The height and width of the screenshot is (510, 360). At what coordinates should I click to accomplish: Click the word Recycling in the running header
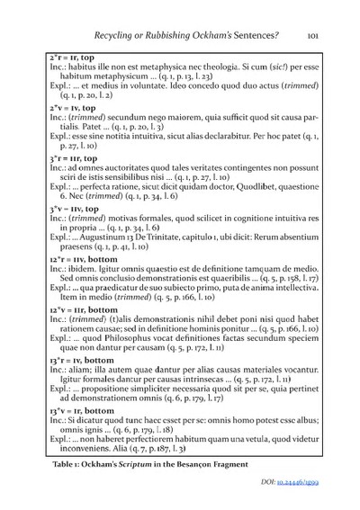144,36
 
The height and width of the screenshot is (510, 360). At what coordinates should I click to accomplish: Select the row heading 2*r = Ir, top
78,56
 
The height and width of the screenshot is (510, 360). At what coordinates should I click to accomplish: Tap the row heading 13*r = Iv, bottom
87,381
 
